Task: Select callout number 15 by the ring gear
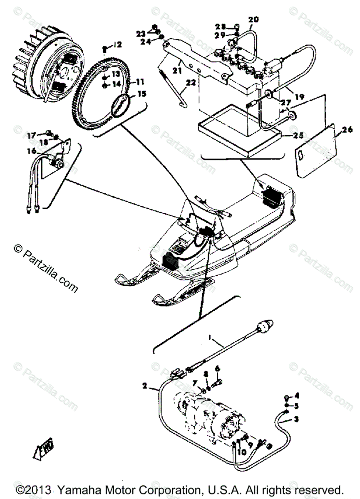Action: [142, 94]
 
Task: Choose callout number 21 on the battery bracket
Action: [178, 71]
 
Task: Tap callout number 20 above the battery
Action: [253, 19]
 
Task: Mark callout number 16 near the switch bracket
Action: [32, 151]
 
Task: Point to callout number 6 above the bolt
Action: [217, 368]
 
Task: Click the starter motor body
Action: [208, 416]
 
